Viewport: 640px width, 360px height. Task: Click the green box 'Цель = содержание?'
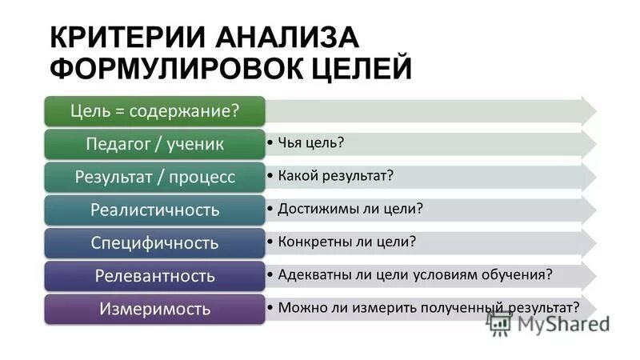(x=155, y=110)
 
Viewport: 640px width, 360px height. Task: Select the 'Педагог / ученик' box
(x=155, y=143)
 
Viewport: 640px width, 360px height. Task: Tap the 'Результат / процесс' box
(x=155, y=176)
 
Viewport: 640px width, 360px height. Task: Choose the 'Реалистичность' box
(x=155, y=210)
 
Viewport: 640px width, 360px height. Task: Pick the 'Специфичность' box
(x=155, y=242)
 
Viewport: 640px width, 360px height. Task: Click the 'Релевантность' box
(x=155, y=276)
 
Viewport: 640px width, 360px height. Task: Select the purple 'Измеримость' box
(x=155, y=308)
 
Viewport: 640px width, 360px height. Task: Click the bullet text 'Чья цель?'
(x=312, y=142)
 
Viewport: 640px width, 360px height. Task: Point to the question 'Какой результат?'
(x=336, y=175)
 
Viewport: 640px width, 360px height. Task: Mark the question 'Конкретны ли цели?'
(x=347, y=241)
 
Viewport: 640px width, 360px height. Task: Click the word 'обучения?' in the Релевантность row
(x=517, y=274)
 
